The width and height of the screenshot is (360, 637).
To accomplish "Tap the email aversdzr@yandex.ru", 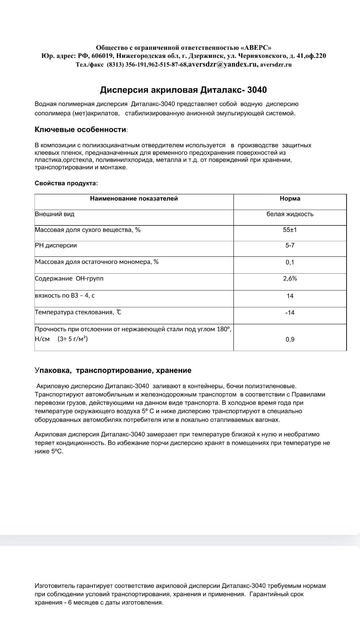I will [x=223, y=64].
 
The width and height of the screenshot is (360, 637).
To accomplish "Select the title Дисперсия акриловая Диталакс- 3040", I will [x=183, y=90].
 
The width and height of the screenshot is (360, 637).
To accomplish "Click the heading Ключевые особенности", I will [x=81, y=130].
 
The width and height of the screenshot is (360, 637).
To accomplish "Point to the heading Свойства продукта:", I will [x=66, y=183].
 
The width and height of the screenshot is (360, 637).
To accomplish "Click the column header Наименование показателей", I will [x=134, y=199].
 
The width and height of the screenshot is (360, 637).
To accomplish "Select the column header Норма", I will [x=290, y=199].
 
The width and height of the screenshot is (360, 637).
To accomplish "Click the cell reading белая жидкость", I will [x=290, y=214].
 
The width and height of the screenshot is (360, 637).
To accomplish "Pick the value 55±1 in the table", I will [x=290, y=230].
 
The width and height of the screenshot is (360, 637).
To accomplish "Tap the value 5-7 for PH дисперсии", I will [x=290, y=245].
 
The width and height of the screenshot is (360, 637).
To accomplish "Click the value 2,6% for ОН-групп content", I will [x=290, y=279].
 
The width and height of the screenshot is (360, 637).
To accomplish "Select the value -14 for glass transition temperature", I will [x=290, y=313].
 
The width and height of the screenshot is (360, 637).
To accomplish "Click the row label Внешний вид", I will [x=54, y=214].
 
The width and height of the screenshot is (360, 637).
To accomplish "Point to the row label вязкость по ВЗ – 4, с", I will [x=64, y=296].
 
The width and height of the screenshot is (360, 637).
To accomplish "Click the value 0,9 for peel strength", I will [x=290, y=340].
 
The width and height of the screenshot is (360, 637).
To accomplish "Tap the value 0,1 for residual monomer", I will [x=290, y=263].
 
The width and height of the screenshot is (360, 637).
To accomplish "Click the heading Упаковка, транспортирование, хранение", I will [x=113, y=371].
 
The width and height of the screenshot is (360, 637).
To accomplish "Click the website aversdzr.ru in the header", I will [x=276, y=65].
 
